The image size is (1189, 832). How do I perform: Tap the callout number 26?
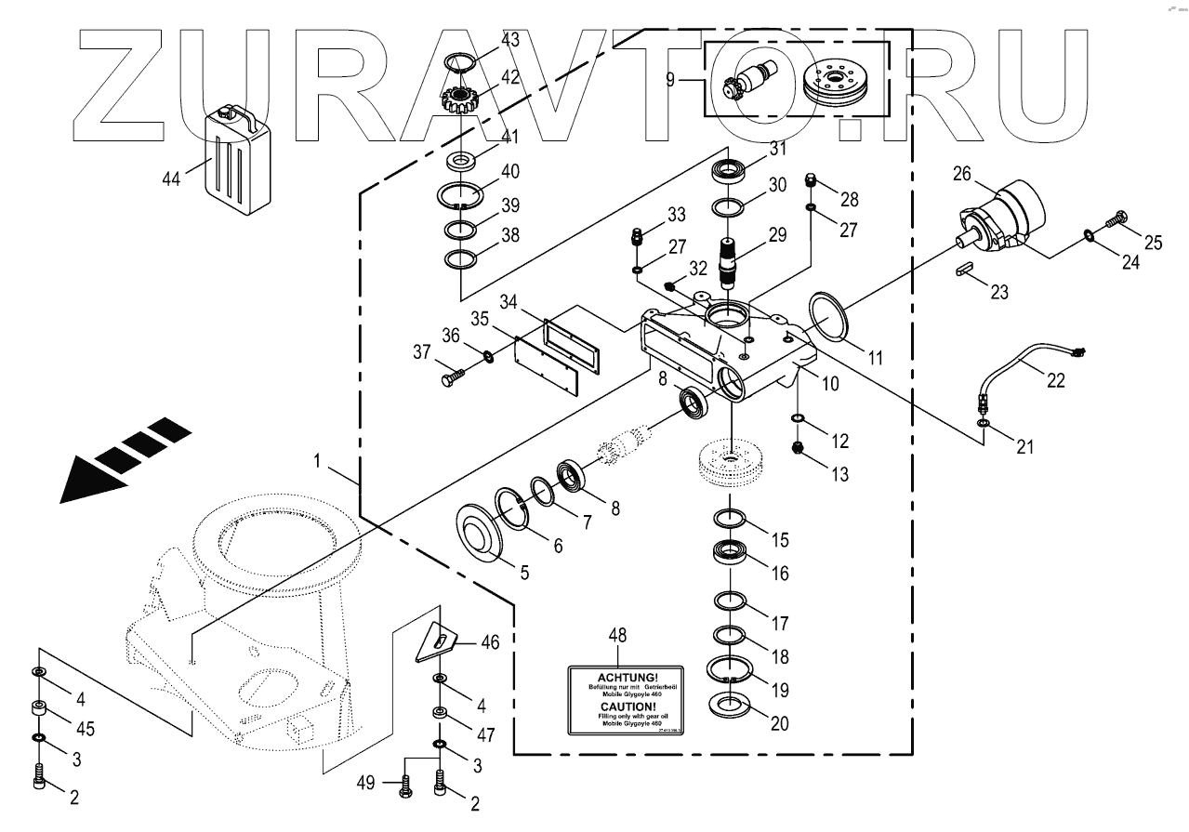[x=961, y=174]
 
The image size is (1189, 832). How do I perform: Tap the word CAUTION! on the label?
[x=626, y=707]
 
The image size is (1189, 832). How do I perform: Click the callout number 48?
[x=617, y=636]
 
